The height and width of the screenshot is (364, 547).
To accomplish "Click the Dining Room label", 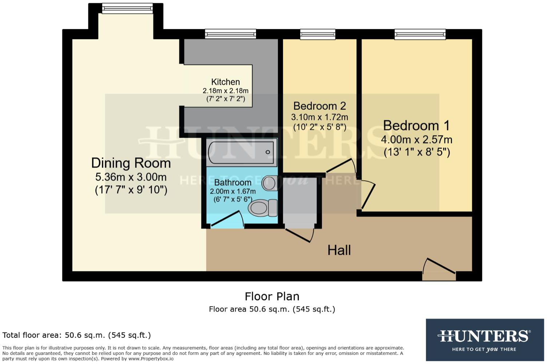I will [131, 163].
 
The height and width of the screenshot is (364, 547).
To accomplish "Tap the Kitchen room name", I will [225, 82].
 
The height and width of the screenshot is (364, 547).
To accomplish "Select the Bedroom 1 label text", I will [416, 126].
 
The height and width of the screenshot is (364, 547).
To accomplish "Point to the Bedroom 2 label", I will [319, 106].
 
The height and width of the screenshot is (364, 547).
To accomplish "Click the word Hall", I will [339, 250].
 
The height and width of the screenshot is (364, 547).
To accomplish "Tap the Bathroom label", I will [233, 182].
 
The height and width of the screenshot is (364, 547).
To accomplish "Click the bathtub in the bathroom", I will [242, 152].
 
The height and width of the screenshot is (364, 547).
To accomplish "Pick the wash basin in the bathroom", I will [269, 183].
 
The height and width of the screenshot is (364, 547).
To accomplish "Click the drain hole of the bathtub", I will [268, 152].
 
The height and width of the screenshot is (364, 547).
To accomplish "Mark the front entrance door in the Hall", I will [439, 269].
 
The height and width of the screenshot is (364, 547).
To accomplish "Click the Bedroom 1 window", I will [420, 34].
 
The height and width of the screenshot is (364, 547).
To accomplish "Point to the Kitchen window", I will [231, 34].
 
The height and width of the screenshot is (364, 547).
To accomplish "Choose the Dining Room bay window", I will [127, 8].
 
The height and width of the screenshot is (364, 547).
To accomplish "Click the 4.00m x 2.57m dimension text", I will [416, 139].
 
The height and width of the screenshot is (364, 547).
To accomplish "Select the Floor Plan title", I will [272, 296].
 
